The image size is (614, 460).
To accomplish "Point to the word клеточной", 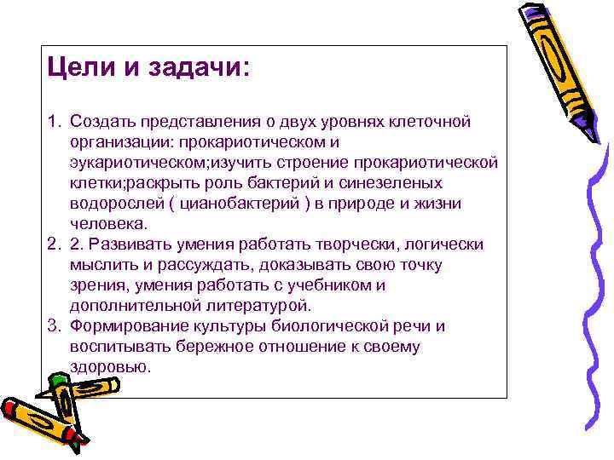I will (x=432, y=122).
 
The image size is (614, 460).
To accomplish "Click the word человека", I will (x=108, y=224).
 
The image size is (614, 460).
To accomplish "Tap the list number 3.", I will (x=53, y=326).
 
